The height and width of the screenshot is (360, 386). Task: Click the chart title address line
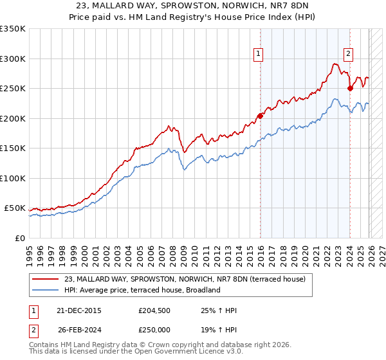[x=193, y=5]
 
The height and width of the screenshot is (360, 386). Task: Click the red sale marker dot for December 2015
[x=261, y=116]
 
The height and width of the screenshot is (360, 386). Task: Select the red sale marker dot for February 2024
[x=350, y=89]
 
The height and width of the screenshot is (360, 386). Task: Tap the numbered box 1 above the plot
[x=258, y=54]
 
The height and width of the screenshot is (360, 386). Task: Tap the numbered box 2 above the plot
[x=348, y=54]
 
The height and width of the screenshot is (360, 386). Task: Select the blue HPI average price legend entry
[x=142, y=290]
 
